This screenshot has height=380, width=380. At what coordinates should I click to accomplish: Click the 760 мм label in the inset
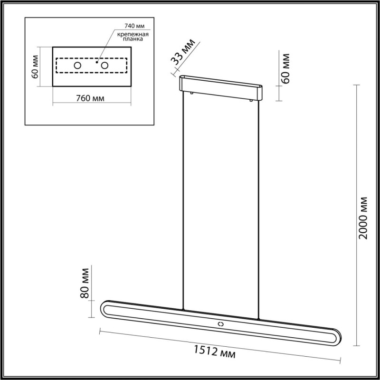[90, 98]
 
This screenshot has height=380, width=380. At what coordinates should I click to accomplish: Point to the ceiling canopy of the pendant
[220, 87]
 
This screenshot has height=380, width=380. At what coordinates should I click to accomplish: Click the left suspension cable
[183, 199]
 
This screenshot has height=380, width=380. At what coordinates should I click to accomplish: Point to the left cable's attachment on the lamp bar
[183, 310]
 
